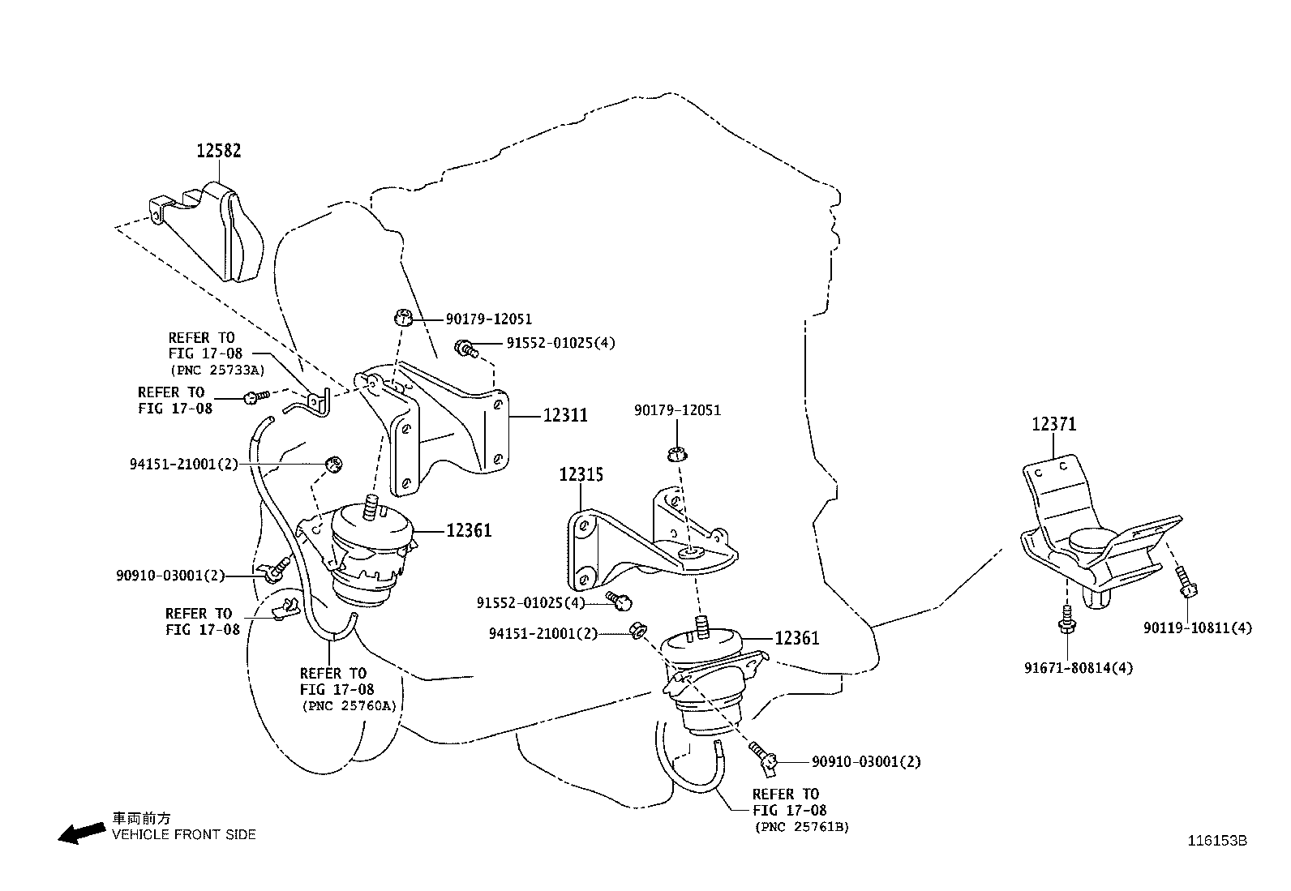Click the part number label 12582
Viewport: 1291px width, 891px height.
coord(218,151)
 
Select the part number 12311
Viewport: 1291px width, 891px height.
coord(565,416)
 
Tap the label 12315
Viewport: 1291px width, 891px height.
coord(581,474)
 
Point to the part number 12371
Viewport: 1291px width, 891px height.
coord(1054,424)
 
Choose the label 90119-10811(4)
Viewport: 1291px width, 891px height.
coord(1198,628)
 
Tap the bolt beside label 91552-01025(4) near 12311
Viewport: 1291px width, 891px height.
coord(465,348)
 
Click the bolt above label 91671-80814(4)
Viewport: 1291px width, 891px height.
coord(1066,619)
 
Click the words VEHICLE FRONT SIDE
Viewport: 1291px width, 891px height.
coord(183,834)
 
